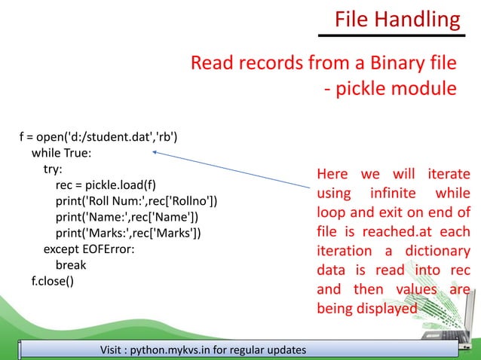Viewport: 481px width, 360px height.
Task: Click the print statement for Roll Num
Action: pyautogui.click(x=136, y=200)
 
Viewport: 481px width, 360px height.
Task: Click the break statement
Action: pyautogui.click(x=71, y=264)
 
